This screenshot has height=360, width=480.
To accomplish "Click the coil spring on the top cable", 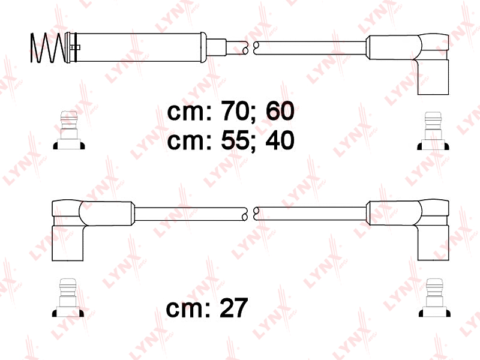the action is [x=48, y=48].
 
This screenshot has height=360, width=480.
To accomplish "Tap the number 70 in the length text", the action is [x=235, y=111].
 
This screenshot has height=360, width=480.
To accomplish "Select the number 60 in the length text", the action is [x=280, y=111].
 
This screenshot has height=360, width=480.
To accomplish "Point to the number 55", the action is [x=235, y=140].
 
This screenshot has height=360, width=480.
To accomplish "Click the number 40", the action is [x=280, y=140].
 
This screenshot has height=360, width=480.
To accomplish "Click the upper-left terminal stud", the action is [x=68, y=130].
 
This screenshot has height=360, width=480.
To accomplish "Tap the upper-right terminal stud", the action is [x=433, y=131].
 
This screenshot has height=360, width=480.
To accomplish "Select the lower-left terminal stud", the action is [x=68, y=298].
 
